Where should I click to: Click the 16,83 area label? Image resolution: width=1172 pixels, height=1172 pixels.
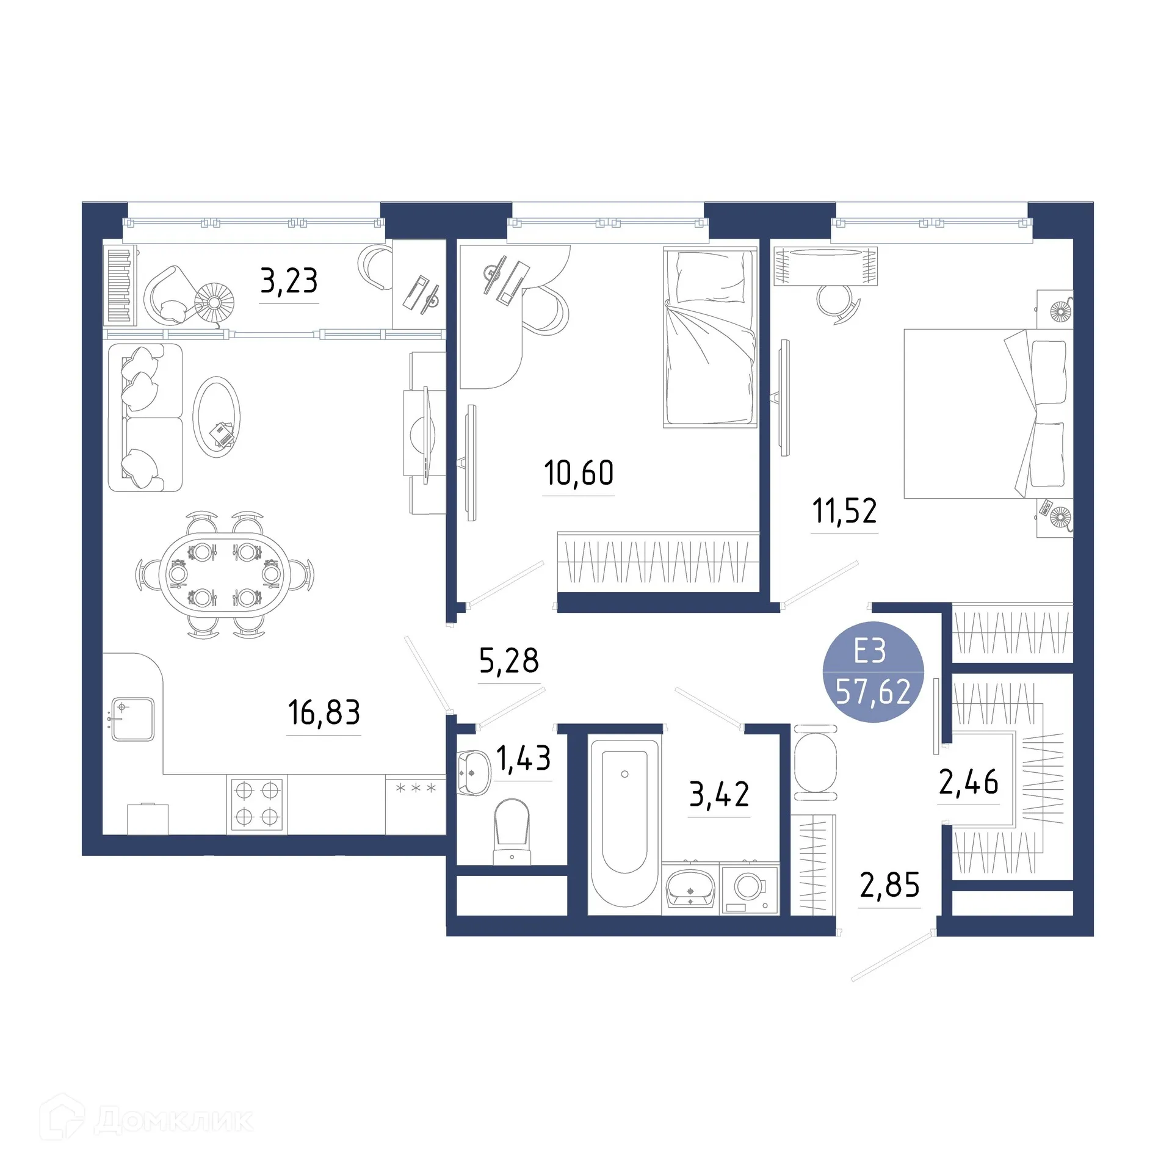(324, 712)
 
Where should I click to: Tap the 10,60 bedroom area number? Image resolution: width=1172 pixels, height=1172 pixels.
(578, 473)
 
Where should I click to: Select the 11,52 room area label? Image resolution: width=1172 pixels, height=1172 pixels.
(844, 511)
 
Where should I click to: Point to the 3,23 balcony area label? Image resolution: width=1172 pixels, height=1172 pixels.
(289, 281)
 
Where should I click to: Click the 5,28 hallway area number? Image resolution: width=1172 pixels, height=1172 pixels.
(508, 660)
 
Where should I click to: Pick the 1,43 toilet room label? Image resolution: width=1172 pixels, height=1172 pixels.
(523, 758)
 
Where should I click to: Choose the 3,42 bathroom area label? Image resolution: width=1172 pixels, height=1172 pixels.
(718, 794)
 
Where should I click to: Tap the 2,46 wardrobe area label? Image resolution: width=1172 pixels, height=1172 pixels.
(968, 782)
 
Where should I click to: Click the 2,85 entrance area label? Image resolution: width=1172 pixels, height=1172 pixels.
(889, 885)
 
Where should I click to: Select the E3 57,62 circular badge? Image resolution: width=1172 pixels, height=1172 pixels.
(873, 671)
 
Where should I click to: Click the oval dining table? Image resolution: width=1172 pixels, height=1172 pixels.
(225, 574)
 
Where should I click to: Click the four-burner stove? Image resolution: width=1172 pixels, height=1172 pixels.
(256, 804)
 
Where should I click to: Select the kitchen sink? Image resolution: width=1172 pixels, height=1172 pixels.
(132, 719)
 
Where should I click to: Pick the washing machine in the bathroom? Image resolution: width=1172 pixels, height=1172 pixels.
(750, 888)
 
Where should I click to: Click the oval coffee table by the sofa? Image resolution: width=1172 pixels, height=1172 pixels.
(216, 416)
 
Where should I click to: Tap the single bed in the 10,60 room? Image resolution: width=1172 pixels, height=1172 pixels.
(710, 337)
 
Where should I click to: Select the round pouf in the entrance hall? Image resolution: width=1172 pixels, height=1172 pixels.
(816, 763)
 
